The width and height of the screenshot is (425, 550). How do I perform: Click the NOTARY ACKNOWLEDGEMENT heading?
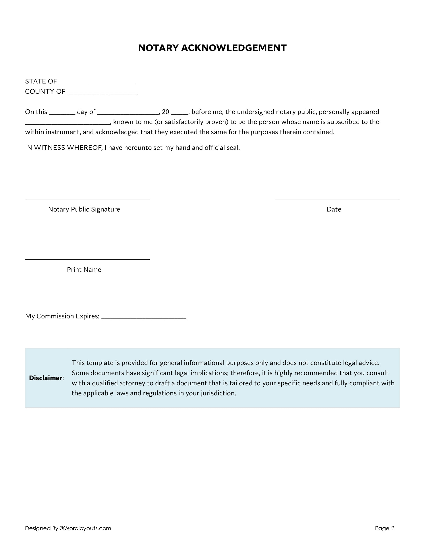[x=212, y=48]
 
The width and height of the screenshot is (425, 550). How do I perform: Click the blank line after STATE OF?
[x=97, y=83]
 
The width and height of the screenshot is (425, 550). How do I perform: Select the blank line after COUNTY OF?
[x=102, y=93]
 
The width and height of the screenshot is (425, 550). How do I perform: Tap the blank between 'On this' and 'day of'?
[x=62, y=113]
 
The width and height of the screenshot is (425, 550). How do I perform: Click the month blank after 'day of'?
[x=128, y=113]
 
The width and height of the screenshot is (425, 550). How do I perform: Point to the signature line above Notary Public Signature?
[x=87, y=199]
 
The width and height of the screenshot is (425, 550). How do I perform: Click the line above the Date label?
[x=337, y=199]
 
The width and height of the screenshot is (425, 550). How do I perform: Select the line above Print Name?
[x=87, y=259]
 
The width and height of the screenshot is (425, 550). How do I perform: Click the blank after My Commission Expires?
[x=144, y=318]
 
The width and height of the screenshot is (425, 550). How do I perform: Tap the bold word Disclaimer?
[x=46, y=378]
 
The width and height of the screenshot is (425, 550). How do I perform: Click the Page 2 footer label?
[x=384, y=528]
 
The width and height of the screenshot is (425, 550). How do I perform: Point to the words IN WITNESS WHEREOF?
[x=63, y=148]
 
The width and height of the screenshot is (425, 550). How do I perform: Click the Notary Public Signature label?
[x=84, y=209]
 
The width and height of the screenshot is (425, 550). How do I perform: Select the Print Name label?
[x=84, y=269]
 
